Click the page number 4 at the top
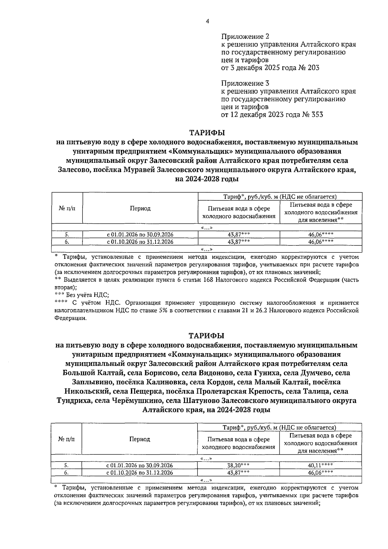(x=207, y=21)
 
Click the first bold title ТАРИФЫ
(x=207, y=133)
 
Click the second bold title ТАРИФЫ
(x=207, y=336)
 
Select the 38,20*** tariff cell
(x=238, y=465)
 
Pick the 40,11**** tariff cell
(x=320, y=465)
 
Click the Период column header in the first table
(x=140, y=208)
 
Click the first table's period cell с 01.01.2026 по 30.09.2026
(x=140, y=235)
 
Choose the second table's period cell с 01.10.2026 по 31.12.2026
(x=140, y=473)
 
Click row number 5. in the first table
(x=67, y=235)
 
